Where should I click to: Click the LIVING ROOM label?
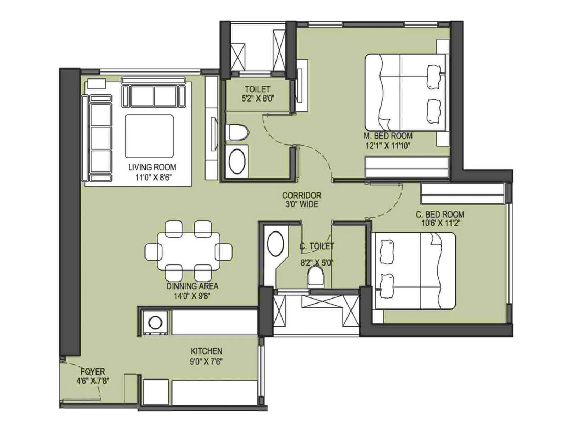pos(152,167)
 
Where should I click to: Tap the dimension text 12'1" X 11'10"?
pos(388,145)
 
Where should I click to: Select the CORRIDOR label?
pos(301,195)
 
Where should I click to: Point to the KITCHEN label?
pos(206,351)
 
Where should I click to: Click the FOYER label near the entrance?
pos(93,372)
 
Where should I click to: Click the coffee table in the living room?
pos(149,136)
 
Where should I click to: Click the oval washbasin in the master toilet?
pos(237,161)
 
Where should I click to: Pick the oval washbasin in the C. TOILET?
pos(275,244)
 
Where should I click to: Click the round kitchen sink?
pos(155,323)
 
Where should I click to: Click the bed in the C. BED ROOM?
pos(414,271)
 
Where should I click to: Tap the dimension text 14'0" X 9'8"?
pos(192,296)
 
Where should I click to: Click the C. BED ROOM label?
pos(440,214)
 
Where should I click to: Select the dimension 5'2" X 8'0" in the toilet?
pos(258,98)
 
